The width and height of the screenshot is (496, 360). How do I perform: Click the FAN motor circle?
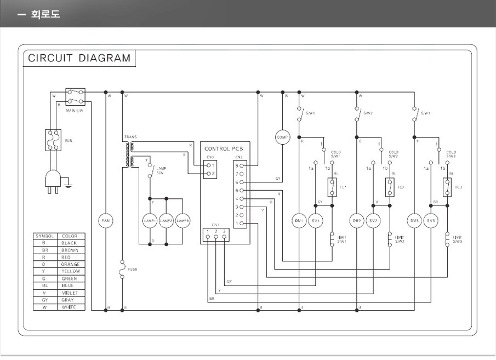tap(106, 221)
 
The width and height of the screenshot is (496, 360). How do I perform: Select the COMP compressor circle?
tap(282, 137)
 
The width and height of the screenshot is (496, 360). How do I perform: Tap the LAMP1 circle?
tap(150, 221)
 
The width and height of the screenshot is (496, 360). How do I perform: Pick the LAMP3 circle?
tap(183, 221)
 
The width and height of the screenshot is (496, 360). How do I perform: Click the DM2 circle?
tap(357, 221)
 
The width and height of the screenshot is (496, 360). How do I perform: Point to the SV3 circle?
tap(431, 221)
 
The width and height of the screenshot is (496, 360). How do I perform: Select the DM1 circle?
tap(299, 221)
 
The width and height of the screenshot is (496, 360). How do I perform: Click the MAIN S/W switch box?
tap(75, 96)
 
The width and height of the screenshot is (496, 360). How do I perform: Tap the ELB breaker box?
tap(53, 140)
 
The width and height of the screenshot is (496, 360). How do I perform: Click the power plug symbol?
tap(53, 181)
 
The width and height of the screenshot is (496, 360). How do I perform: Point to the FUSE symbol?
tap(122, 269)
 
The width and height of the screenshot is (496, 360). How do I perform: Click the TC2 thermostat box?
tap(390, 187)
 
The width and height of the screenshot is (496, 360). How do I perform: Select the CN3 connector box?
tap(210, 169)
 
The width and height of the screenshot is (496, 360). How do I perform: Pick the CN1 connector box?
tap(215, 235)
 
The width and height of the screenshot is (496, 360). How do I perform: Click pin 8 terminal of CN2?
tap(241, 165)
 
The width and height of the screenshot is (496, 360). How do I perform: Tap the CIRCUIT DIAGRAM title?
tap(79, 58)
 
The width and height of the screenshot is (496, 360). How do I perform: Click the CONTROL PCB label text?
tap(224, 148)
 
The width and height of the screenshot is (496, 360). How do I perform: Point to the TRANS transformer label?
tap(130, 136)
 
